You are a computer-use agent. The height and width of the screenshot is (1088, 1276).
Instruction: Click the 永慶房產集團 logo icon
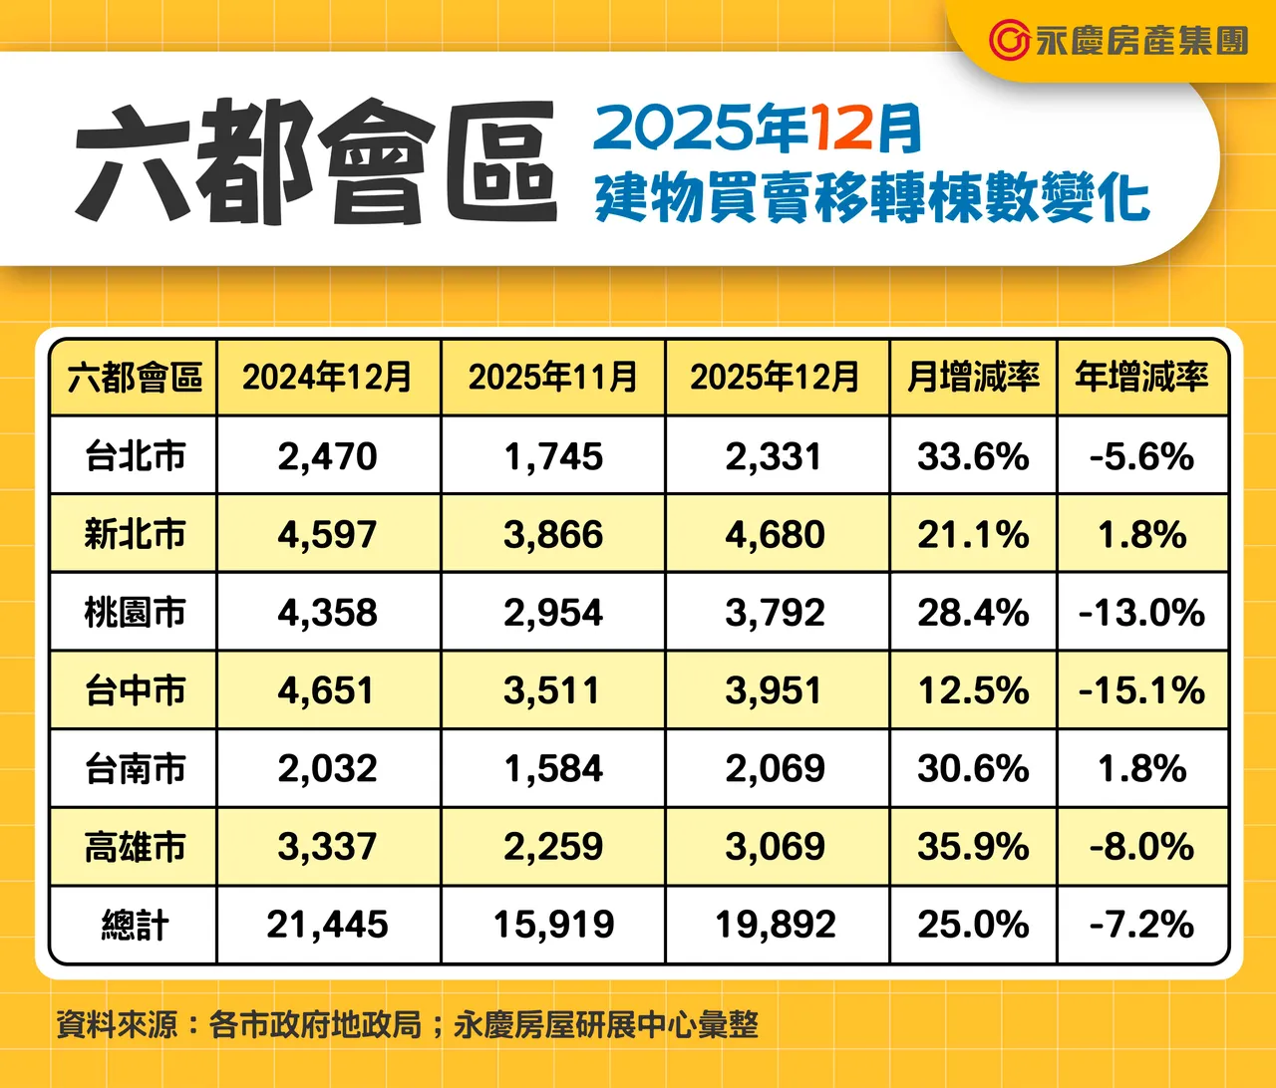point(1009,40)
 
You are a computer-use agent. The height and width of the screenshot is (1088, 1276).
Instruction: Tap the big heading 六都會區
point(315,161)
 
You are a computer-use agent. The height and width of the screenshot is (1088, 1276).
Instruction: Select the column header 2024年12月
point(327,378)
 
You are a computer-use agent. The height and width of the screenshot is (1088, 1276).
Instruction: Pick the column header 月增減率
point(973,378)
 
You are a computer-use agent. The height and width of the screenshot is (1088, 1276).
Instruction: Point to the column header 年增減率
point(1141,378)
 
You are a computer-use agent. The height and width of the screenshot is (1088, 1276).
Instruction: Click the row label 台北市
point(135,456)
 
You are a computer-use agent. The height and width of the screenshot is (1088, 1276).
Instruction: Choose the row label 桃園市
point(135,613)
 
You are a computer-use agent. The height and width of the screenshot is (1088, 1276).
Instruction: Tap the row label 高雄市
point(135,847)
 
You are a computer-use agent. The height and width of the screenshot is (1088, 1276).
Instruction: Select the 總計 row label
point(135,926)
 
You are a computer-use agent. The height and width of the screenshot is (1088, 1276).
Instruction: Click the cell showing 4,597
point(327,535)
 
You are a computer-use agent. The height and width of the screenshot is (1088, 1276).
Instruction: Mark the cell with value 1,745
point(553,456)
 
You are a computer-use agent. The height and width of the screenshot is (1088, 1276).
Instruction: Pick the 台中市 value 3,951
point(775,690)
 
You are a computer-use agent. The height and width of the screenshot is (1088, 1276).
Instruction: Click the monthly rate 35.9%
point(973,847)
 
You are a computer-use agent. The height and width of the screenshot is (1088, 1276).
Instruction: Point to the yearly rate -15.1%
point(1141,690)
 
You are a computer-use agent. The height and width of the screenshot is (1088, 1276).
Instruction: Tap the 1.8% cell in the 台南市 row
point(1141,769)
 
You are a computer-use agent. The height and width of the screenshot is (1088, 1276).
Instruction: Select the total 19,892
point(775,926)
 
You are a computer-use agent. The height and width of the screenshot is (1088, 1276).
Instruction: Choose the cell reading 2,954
point(553,613)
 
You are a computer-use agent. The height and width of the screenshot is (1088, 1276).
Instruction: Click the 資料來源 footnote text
point(407,1024)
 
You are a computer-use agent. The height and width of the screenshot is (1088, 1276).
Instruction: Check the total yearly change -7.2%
point(1141,926)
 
